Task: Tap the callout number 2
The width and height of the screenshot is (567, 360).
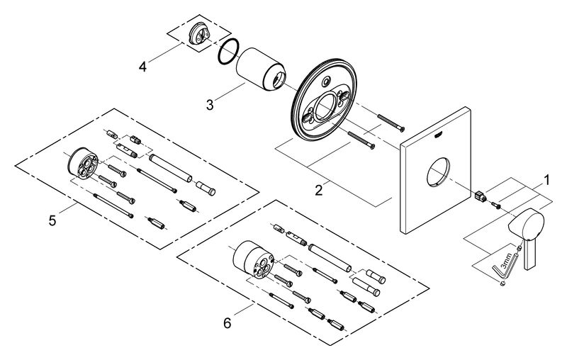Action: pyautogui.click(x=320, y=189)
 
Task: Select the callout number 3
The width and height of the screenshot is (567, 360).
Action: pyautogui.click(x=210, y=105)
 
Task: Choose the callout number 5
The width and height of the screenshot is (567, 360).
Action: pyautogui.click(x=52, y=221)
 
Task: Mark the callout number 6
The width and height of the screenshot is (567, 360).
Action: pyautogui.click(x=227, y=322)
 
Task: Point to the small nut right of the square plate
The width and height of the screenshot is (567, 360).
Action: pyautogui.click(x=481, y=196)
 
